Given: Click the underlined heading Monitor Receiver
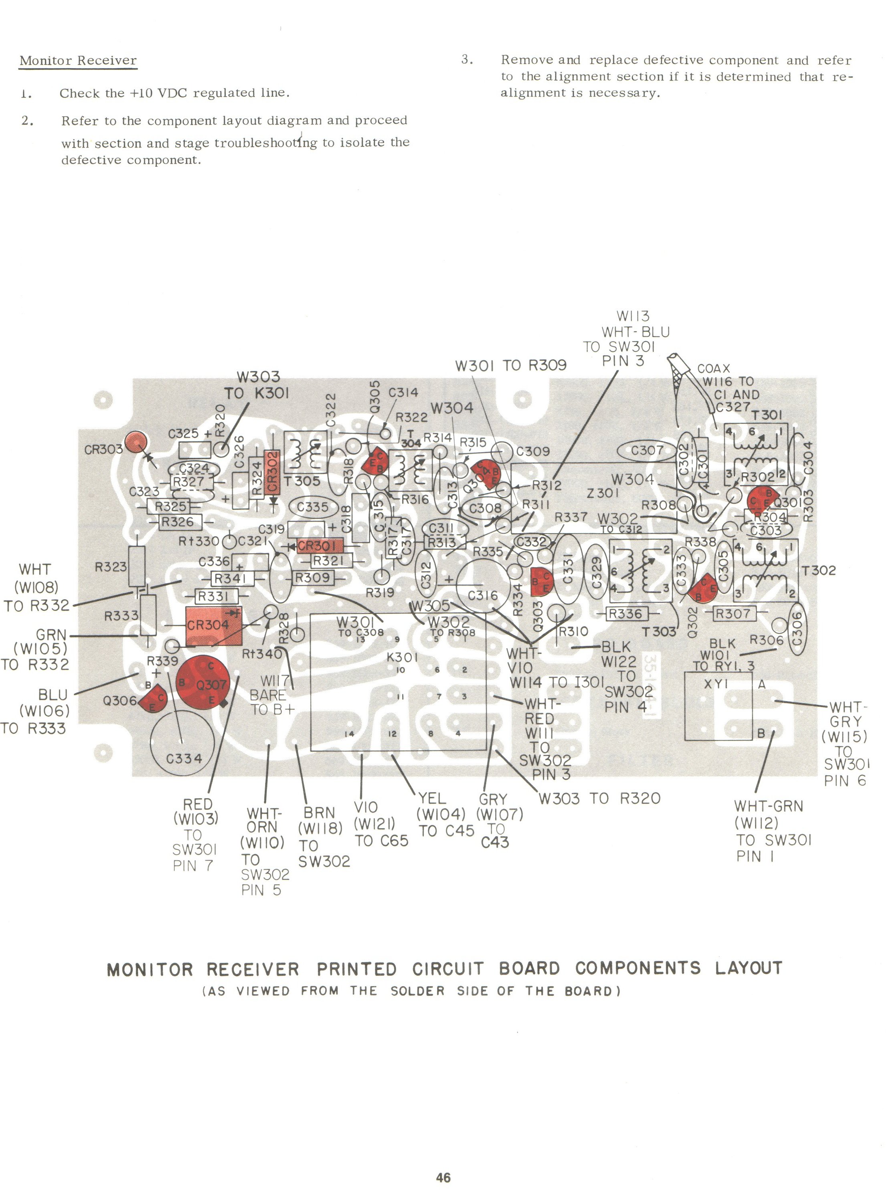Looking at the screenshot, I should click(x=78, y=60).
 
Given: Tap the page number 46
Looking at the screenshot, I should click(x=443, y=1177).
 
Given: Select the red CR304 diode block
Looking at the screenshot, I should click(x=213, y=626).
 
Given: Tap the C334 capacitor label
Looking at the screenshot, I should click(x=184, y=758).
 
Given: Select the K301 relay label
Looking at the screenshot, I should click(x=402, y=657).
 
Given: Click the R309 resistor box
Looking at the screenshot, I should click(x=313, y=578).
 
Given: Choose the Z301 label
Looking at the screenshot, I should click(x=603, y=493).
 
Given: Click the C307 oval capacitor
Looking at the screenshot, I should click(x=647, y=450).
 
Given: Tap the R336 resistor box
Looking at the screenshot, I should click(x=625, y=613).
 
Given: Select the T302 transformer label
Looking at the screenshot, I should click(x=818, y=570).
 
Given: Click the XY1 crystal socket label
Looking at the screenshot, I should click(x=716, y=684).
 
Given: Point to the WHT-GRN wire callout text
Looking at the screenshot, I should click(x=768, y=806).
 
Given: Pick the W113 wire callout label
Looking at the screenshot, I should click(x=633, y=316).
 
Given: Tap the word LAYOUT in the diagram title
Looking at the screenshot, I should click(x=748, y=968).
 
